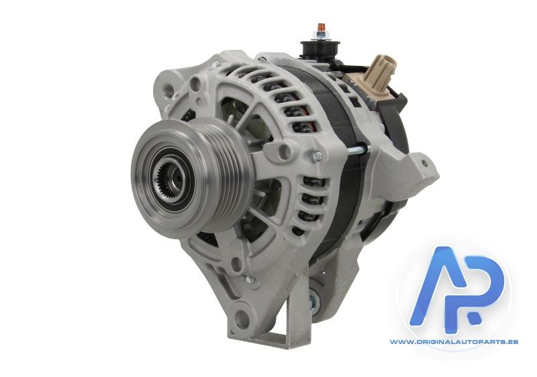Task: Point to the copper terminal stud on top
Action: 321,27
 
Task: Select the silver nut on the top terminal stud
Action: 321,35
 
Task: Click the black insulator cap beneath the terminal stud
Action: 320,47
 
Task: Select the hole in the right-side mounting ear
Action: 425,163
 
